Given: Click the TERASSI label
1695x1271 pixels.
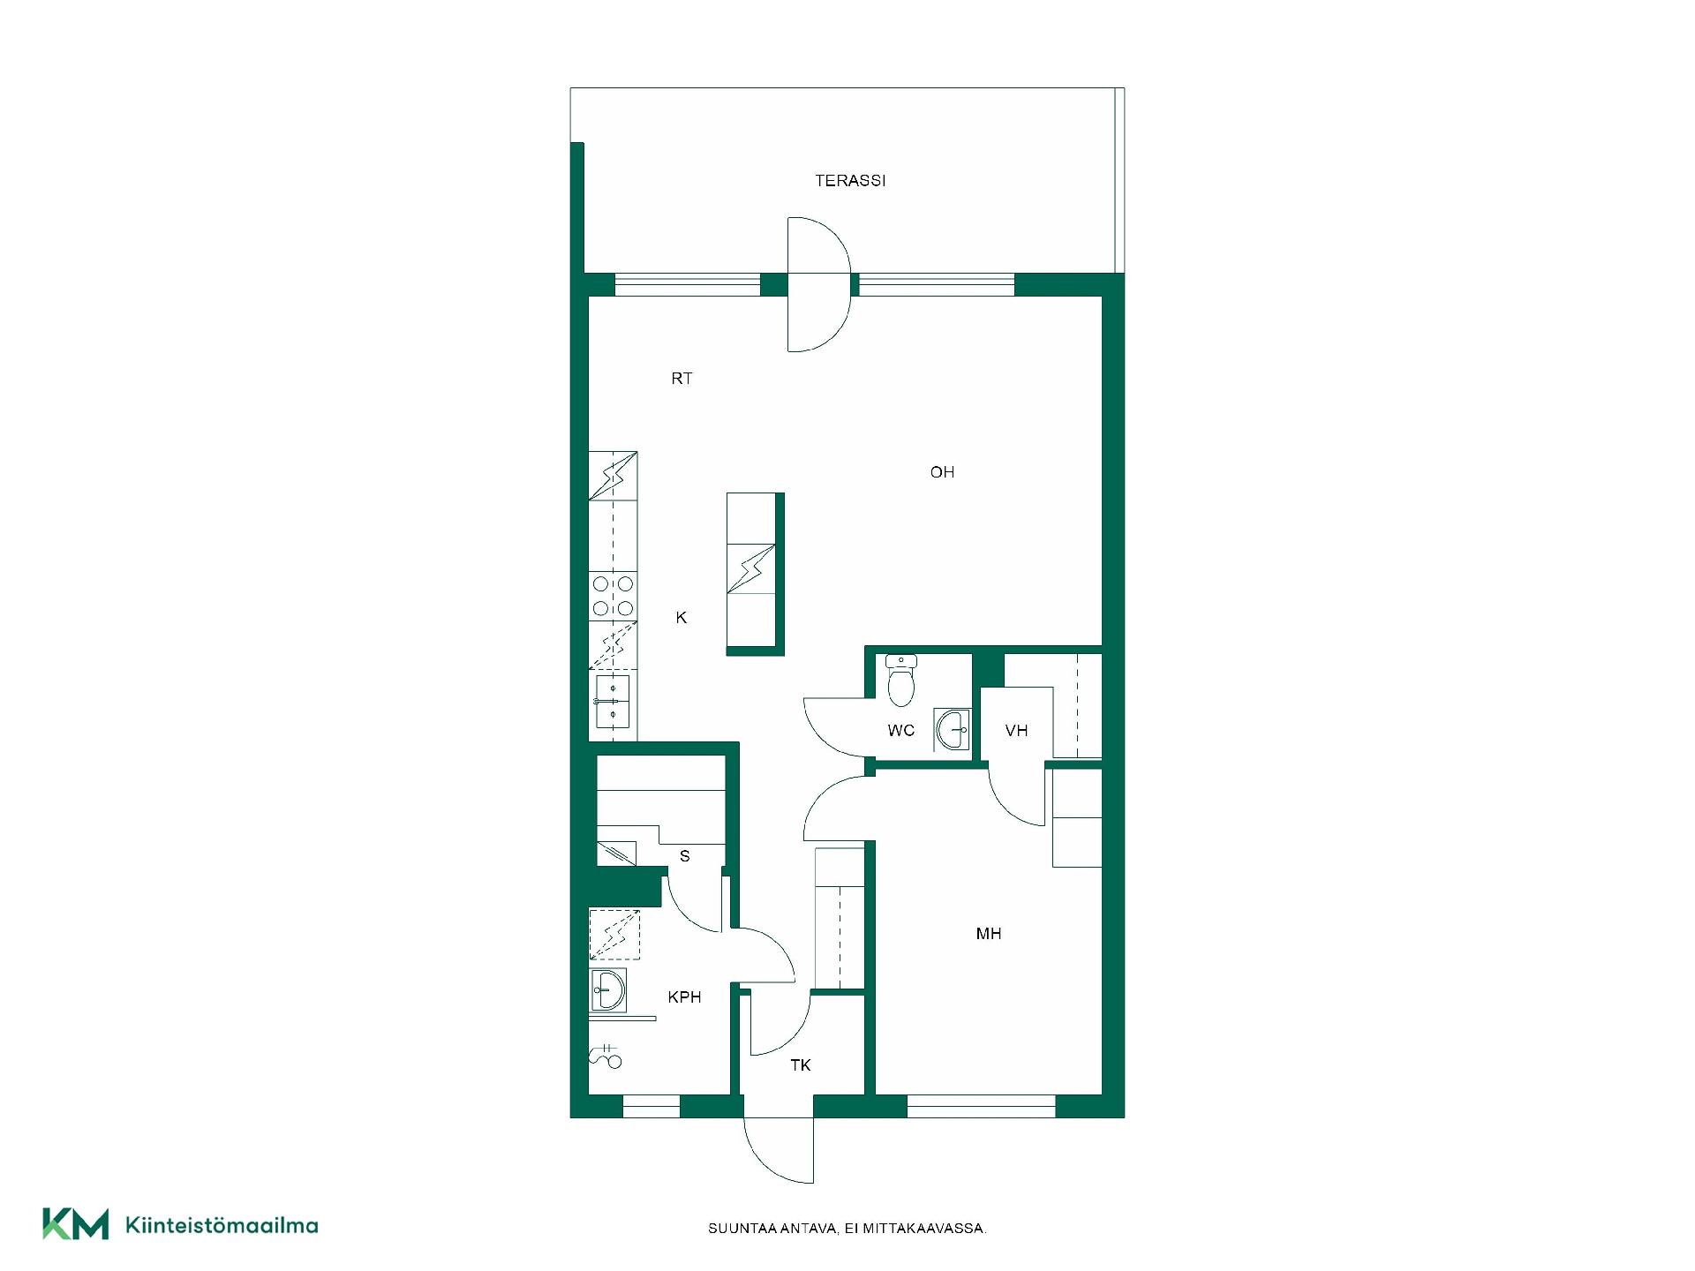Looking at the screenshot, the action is (850, 181).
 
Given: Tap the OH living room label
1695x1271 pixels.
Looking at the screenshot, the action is (942, 472).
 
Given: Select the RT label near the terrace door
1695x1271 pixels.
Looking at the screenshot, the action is (682, 379).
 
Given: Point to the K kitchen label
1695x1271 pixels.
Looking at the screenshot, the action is (682, 618).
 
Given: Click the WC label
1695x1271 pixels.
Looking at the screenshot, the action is (900, 731).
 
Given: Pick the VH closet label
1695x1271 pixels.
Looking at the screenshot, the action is (1017, 731).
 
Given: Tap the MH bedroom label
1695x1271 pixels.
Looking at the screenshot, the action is (989, 934).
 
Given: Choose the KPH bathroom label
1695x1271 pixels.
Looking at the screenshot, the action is (684, 997).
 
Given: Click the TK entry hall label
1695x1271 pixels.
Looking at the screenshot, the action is (801, 1065).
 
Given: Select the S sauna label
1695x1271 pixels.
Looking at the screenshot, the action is (684, 856).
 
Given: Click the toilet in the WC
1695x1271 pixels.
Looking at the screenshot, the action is (900, 681).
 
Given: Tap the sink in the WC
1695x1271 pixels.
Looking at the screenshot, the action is (953, 730).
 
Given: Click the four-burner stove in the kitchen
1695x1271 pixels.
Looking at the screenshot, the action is (613, 596).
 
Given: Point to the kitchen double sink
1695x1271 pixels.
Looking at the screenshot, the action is (613, 700).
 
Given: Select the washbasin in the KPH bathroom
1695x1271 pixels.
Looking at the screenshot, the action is (607, 989).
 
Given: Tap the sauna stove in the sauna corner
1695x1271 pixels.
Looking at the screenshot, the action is (616, 853).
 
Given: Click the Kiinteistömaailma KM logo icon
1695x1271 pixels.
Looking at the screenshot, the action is (76, 1223).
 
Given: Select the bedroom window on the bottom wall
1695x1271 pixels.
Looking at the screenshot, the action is (981, 1106).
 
